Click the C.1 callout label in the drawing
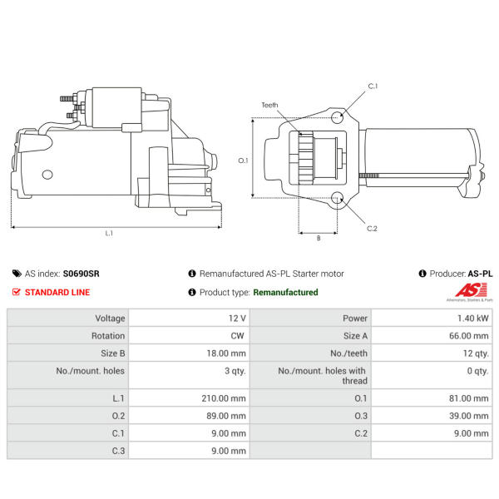click(373, 86)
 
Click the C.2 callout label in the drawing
click(372, 229)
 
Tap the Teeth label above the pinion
click(269, 105)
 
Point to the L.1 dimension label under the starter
click(109, 233)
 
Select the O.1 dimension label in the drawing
click(243, 161)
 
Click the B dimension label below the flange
click(319, 238)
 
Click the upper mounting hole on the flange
click(337, 117)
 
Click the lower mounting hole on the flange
click(337, 198)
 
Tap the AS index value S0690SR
click(82, 274)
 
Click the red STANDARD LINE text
click(57, 292)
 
